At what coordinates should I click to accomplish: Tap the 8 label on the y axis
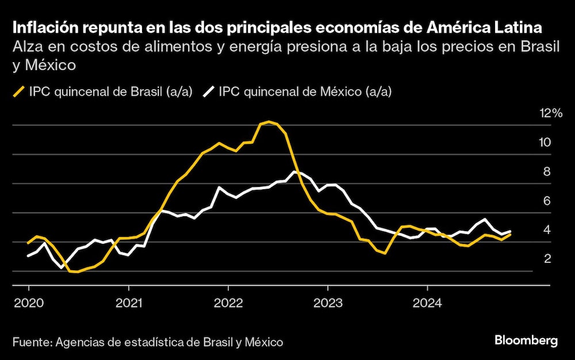(x=547, y=171)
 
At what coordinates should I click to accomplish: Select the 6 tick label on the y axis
(x=547, y=201)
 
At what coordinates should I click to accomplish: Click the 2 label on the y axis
(x=547, y=259)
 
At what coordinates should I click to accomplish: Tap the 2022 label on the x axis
(x=228, y=301)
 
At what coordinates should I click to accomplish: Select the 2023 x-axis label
(x=327, y=301)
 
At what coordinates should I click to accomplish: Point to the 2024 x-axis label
(x=427, y=301)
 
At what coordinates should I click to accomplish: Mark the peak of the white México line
(x=294, y=171)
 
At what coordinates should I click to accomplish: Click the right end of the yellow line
(x=510, y=235)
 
